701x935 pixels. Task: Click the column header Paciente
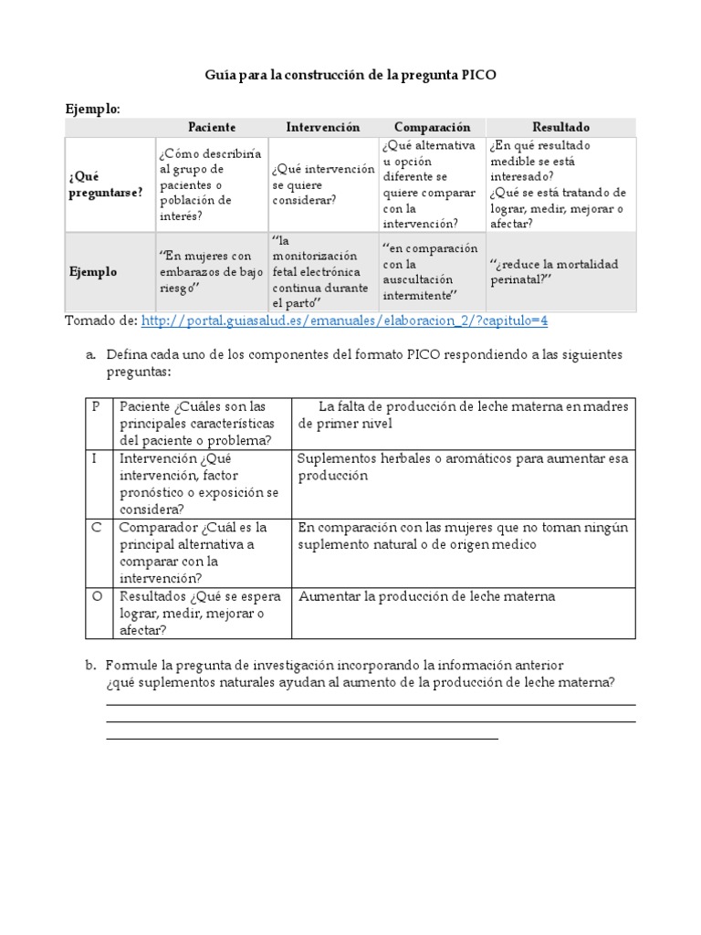coord(212,127)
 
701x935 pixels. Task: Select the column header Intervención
coord(322,127)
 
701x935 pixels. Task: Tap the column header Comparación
coord(432,127)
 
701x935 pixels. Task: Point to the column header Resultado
coord(560,127)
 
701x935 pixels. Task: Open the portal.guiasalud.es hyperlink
coord(344,320)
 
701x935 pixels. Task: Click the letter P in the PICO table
coord(95,407)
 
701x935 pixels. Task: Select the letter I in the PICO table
coord(94,458)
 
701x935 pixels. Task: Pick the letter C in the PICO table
coord(95,528)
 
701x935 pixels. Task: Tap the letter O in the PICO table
coord(96,597)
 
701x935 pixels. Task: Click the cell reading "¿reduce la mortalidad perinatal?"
coord(553,272)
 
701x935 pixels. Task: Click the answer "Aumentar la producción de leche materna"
coord(426,597)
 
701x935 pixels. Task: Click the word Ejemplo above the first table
coord(91,109)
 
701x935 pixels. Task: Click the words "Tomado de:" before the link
coord(99,320)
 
